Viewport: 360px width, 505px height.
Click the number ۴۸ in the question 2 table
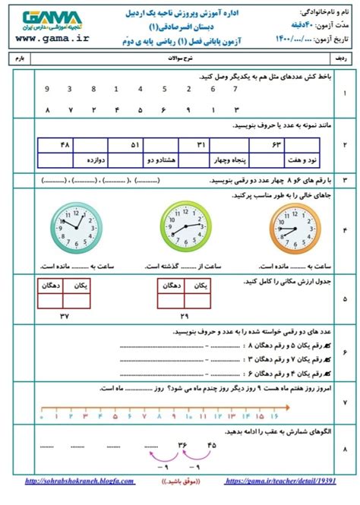tap(63, 144)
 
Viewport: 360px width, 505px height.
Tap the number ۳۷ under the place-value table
tap(65, 315)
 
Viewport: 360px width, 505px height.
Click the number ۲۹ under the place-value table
tap(184, 315)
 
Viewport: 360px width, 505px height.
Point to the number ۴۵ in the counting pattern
tap(211, 445)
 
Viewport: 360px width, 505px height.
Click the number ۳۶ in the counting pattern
tap(182, 445)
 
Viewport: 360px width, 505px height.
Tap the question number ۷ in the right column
tap(346, 402)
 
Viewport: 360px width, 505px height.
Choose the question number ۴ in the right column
tap(346, 228)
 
